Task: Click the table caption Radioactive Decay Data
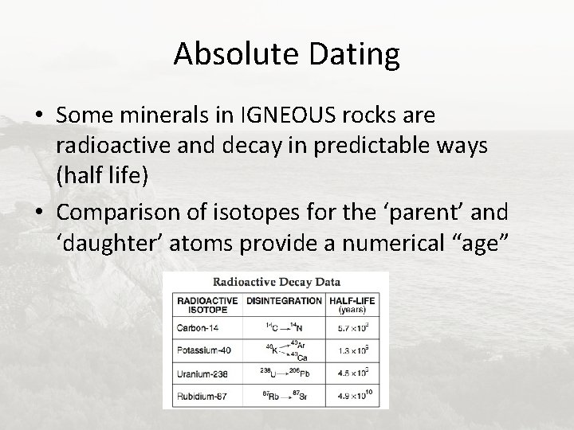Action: coord(275,281)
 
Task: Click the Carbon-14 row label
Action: coord(197,326)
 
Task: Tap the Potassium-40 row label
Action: coord(204,350)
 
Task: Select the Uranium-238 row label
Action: coord(202,373)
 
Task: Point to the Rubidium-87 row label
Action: coord(202,395)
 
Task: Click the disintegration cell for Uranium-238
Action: coord(284,373)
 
